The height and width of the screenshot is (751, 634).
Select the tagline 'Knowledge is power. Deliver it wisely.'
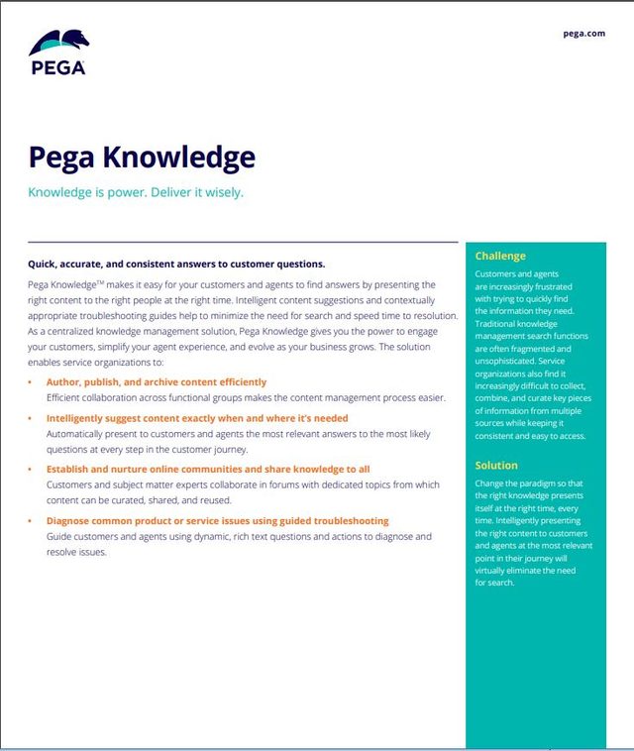[136, 192]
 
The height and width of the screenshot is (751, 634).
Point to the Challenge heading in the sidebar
[500, 257]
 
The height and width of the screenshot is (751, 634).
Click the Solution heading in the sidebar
[496, 465]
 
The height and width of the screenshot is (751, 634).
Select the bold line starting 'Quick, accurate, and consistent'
[176, 264]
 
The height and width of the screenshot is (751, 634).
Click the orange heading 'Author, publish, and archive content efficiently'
[157, 381]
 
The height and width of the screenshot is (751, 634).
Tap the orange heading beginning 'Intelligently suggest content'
[197, 418]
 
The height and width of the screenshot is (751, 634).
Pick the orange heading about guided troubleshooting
[217, 520]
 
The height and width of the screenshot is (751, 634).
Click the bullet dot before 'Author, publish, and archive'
[31, 382]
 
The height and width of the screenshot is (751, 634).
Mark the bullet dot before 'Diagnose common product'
[31, 521]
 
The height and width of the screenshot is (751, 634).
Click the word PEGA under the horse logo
[57, 68]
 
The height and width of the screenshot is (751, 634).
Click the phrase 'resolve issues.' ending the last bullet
[76, 552]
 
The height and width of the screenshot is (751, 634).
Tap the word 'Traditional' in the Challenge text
[502, 324]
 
